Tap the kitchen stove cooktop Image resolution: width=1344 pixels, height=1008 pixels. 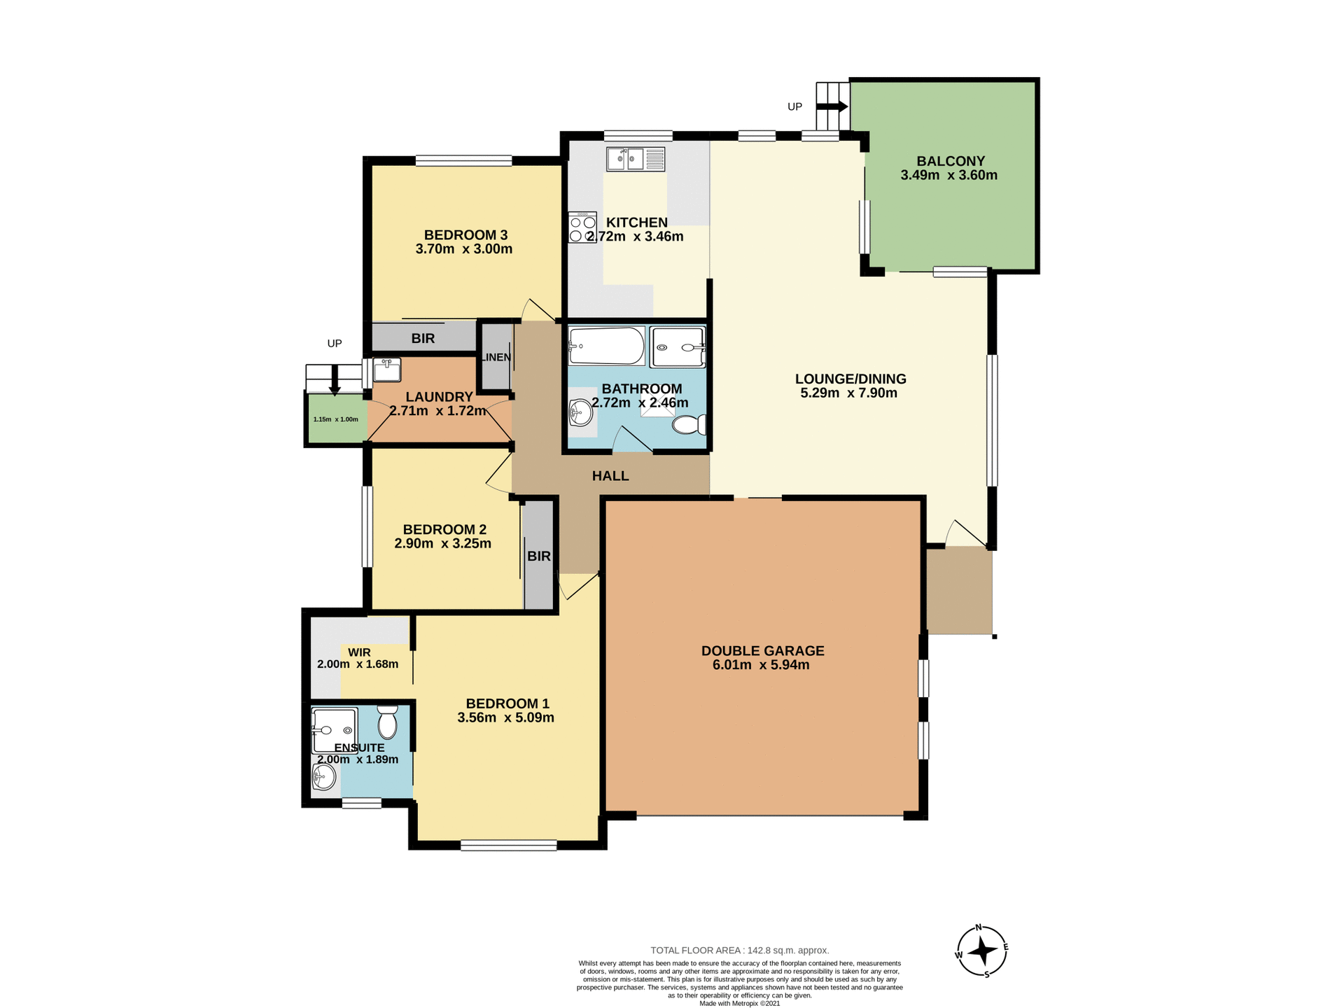pos(582,228)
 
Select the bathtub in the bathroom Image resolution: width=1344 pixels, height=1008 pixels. pos(606,346)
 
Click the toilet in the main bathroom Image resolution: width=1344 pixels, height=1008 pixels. pos(689,424)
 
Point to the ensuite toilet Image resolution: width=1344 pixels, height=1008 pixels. pos(387,722)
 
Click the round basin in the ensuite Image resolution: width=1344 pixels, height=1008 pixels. pos(323,776)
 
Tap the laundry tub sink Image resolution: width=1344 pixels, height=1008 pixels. pos(386,370)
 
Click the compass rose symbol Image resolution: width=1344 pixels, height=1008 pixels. pos(982,951)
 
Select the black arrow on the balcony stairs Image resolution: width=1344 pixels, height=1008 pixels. pos(832,106)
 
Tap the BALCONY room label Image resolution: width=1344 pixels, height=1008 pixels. pos(951,161)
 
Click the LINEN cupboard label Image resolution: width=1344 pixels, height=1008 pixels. pos(496,357)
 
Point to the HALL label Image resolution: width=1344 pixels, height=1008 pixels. pos(610,476)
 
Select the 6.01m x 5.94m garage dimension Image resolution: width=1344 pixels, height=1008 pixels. pos(761,665)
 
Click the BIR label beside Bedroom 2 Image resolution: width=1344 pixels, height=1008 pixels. pos(538,556)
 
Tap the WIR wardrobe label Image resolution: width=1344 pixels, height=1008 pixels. pos(359,652)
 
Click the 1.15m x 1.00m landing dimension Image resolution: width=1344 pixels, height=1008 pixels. pos(335,419)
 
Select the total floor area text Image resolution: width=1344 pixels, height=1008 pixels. pos(739,950)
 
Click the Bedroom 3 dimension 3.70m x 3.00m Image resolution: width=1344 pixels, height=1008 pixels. pos(463,249)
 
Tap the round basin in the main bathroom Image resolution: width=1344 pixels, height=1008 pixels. pos(580,412)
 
